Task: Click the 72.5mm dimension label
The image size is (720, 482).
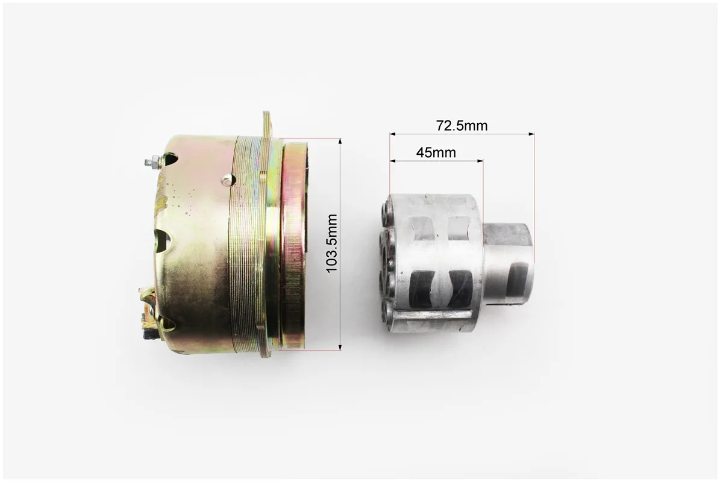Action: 462,125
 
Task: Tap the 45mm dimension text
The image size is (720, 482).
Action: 436,152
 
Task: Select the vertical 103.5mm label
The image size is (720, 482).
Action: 331,243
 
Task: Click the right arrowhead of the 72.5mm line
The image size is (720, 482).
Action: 532,134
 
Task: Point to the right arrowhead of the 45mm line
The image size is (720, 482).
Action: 480,161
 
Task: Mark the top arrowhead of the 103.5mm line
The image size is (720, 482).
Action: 340,141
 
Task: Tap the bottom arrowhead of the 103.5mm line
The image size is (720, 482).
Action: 340,347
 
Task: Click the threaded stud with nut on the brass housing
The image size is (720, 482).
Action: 153,162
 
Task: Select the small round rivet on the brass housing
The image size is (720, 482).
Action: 227,180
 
